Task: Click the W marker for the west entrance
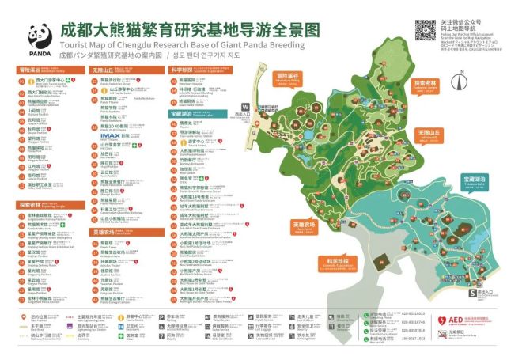[245, 106]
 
